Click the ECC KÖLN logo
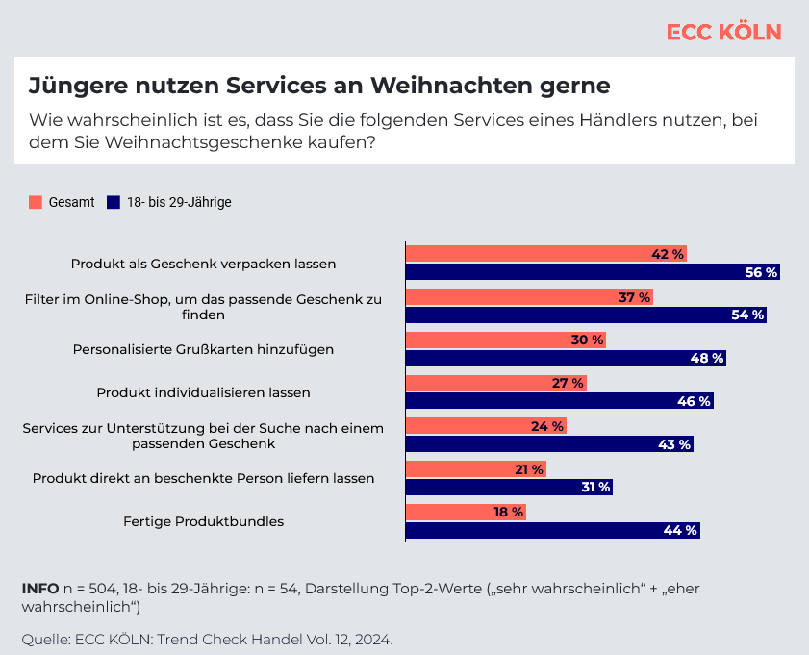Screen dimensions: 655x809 [x=723, y=32]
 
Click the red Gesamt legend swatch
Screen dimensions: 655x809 [x=37, y=202]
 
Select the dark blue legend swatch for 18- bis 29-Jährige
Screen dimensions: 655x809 [x=113, y=202]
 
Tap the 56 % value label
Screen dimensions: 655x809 [x=761, y=272]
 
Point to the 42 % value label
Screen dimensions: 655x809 [x=668, y=254]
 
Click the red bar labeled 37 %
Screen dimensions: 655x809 [x=529, y=297]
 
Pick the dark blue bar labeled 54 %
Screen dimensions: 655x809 [x=586, y=315]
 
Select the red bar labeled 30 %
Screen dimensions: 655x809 [x=506, y=340]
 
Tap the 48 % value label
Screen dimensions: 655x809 [x=707, y=358]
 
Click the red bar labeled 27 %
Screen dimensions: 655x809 [x=496, y=383]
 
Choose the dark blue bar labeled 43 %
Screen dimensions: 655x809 [x=549, y=444]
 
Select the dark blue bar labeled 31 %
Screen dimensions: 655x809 [x=509, y=487]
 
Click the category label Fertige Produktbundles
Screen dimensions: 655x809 [x=203, y=521]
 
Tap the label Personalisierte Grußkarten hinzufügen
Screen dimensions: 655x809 [x=203, y=349]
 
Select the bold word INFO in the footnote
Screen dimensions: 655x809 [x=38, y=588]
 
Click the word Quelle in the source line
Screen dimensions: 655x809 [x=45, y=639]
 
